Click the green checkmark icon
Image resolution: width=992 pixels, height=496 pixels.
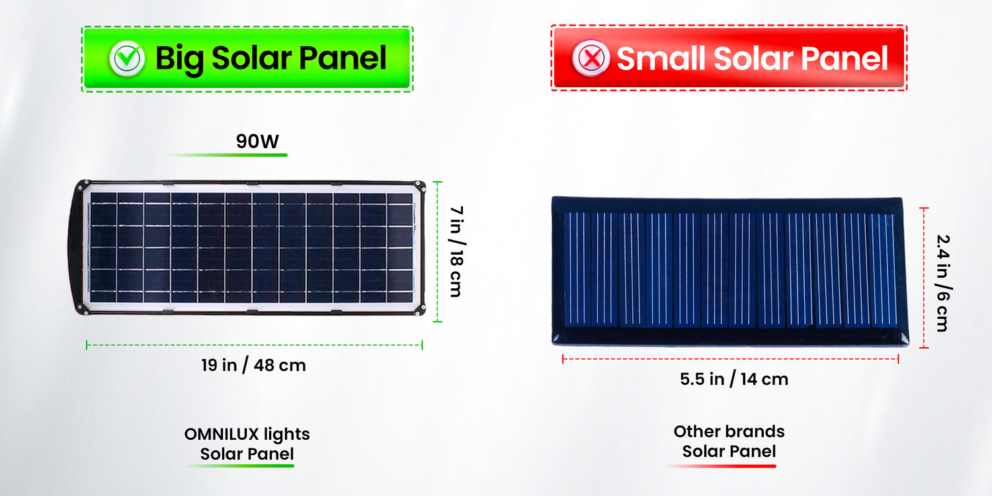pyautogui.click(x=128, y=58)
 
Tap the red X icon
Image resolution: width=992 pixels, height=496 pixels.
pyautogui.click(x=591, y=58)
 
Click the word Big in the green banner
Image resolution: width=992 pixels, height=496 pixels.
pyautogui.click(x=179, y=59)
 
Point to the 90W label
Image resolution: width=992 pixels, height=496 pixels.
pyautogui.click(x=257, y=142)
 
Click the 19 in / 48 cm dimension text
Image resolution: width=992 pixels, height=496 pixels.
pyautogui.click(x=254, y=366)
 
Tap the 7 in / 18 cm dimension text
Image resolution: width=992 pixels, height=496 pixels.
pyautogui.click(x=457, y=251)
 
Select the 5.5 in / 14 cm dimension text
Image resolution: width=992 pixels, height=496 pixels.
pyautogui.click(x=734, y=380)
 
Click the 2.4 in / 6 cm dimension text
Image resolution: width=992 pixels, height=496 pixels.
pyautogui.click(x=943, y=284)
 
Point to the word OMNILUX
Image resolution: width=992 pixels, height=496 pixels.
pyautogui.click(x=222, y=434)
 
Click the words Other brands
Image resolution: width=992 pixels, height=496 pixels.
pyautogui.click(x=729, y=431)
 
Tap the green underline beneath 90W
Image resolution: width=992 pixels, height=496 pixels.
pyautogui.click(x=227, y=155)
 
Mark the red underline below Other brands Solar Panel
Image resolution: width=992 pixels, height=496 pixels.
pyautogui.click(x=721, y=466)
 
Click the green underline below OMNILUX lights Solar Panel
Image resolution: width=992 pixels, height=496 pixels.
pyautogui.click(x=239, y=466)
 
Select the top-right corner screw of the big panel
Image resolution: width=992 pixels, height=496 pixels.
pyautogui.click(x=417, y=184)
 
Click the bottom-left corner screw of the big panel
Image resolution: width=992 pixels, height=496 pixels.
pyautogui.click(x=85, y=311)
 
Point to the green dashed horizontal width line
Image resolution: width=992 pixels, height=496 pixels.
pyautogui.click(x=254, y=345)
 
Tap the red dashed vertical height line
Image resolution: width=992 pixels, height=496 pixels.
pyautogui.click(x=924, y=278)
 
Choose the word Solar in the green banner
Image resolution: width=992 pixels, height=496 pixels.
pyautogui.click(x=251, y=58)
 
